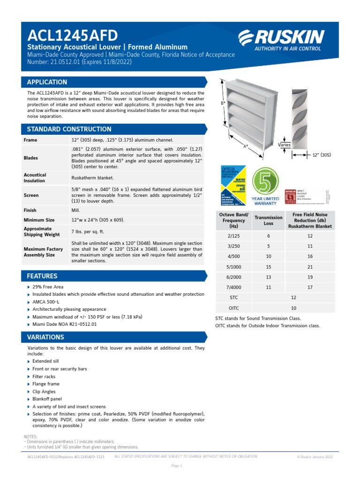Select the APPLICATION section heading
click(x=47, y=82)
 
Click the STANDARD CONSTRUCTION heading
click(x=69, y=129)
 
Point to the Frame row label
click(x=30, y=140)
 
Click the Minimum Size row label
click(x=39, y=220)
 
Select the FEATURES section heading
click(x=42, y=276)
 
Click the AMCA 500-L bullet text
click(x=45, y=302)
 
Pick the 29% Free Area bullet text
click(x=48, y=287)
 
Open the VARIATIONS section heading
click(x=45, y=337)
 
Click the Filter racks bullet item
click(x=44, y=376)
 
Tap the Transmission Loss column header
click(x=269, y=220)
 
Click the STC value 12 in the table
click(x=294, y=297)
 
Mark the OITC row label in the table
click(x=234, y=308)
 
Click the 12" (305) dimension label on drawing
click(x=322, y=154)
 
